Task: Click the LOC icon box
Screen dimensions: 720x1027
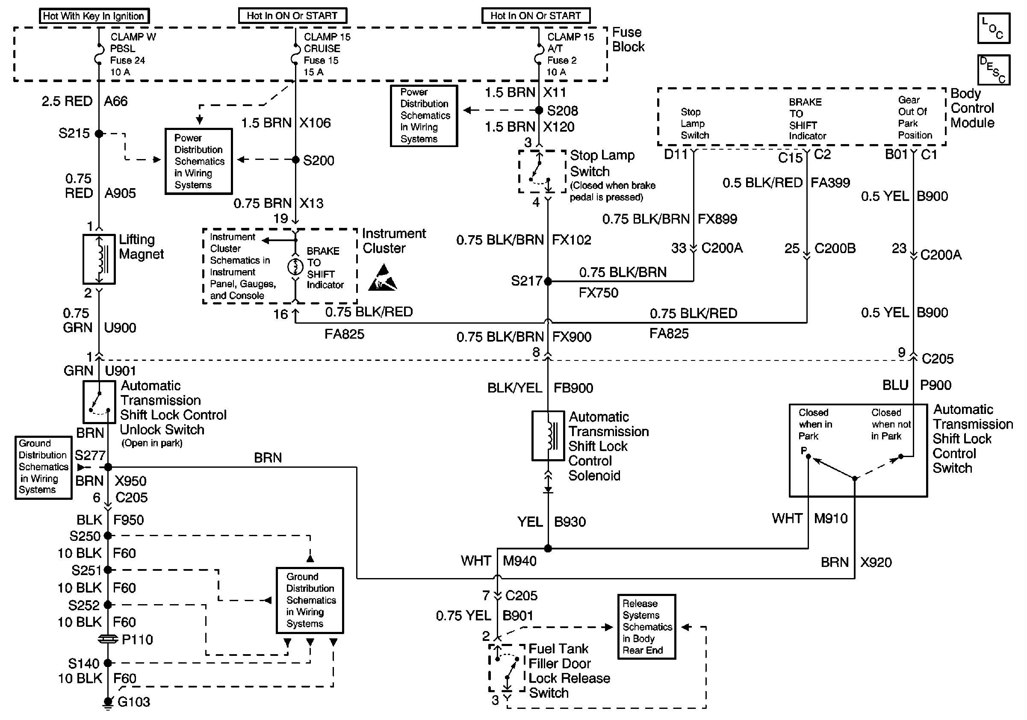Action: pyautogui.click(x=994, y=28)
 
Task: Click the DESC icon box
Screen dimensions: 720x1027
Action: pyautogui.click(x=994, y=69)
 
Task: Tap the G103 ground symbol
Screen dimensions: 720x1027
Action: pyautogui.click(x=108, y=702)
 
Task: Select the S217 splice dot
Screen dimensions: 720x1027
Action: pyautogui.click(x=548, y=281)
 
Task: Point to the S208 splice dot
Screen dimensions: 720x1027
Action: pyautogui.click(x=540, y=110)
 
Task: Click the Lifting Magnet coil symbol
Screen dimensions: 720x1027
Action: pyautogui.click(x=99, y=260)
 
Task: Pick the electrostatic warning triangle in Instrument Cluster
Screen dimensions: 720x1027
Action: pyautogui.click(x=382, y=279)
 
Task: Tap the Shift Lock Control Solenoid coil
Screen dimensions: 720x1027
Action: pyautogui.click(x=548, y=436)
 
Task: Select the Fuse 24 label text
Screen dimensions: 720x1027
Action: pyautogui.click(x=127, y=60)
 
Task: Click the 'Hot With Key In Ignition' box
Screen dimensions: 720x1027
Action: pyautogui.click(x=94, y=16)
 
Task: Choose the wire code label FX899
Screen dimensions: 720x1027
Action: pyautogui.click(x=717, y=219)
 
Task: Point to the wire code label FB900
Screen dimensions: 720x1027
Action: pyautogui.click(x=573, y=388)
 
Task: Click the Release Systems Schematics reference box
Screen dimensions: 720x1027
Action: pyautogui.click(x=646, y=626)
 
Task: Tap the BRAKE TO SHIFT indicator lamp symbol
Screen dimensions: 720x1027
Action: pyautogui.click(x=295, y=267)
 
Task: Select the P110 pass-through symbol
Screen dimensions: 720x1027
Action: pyautogui.click(x=108, y=640)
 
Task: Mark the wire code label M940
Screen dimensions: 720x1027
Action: pyautogui.click(x=520, y=561)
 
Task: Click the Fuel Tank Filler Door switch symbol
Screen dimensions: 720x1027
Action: pyautogui.click(x=507, y=668)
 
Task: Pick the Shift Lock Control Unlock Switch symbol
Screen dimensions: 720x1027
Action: pyautogui.click(x=99, y=402)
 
